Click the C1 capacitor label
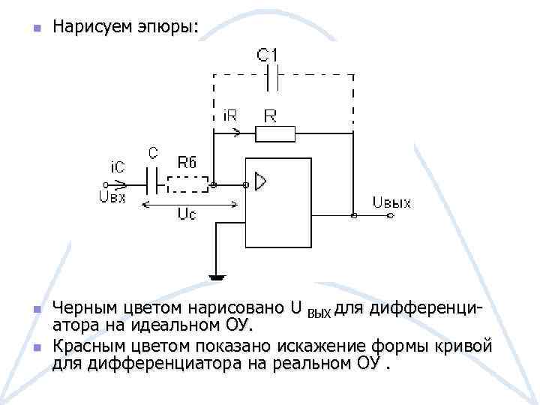pos(267,54)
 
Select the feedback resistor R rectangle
pos(275,134)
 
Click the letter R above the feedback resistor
pos(270,115)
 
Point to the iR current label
pos(232,116)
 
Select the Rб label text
pos(187,160)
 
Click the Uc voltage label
pos(187,214)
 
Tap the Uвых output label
pos(391,203)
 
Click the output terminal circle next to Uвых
pos(388,216)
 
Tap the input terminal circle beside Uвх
pos(107,184)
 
